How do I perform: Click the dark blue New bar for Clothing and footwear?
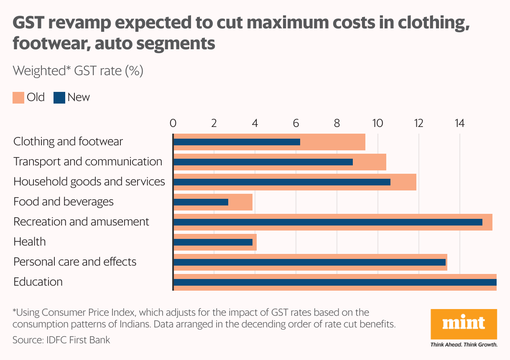[237, 142]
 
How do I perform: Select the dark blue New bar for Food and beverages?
[201, 202]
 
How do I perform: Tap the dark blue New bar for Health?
[213, 242]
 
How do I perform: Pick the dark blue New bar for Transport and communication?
[263, 162]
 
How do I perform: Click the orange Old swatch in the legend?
[18, 98]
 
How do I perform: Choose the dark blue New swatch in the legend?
[59, 98]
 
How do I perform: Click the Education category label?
[38, 282]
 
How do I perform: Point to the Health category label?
[29, 242]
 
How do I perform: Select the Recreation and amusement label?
[81, 222]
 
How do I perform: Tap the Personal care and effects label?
[75, 262]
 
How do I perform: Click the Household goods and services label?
[89, 182]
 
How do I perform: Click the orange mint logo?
[464, 324]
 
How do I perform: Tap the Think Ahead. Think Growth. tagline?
[464, 345]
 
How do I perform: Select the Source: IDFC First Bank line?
[61, 340]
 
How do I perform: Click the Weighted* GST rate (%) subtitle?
[78, 71]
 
